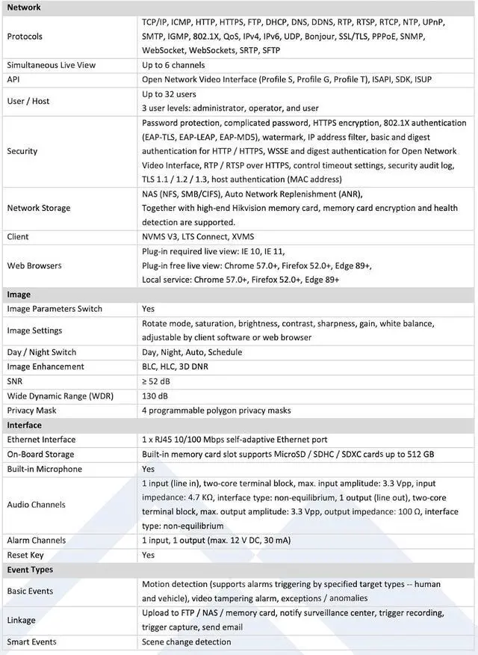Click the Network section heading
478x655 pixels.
(x=24, y=7)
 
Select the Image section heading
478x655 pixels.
(x=19, y=295)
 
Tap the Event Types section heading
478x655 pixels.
(x=30, y=570)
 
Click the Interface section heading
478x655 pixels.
(x=25, y=425)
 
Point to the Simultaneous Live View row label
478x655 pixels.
(x=52, y=65)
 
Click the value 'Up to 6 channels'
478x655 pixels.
(x=173, y=65)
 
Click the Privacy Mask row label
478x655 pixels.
(x=32, y=410)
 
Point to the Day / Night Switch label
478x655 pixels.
(x=42, y=352)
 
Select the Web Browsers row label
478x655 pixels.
(x=34, y=265)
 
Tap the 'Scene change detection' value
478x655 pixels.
(x=187, y=642)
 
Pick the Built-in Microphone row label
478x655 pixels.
(x=45, y=469)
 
